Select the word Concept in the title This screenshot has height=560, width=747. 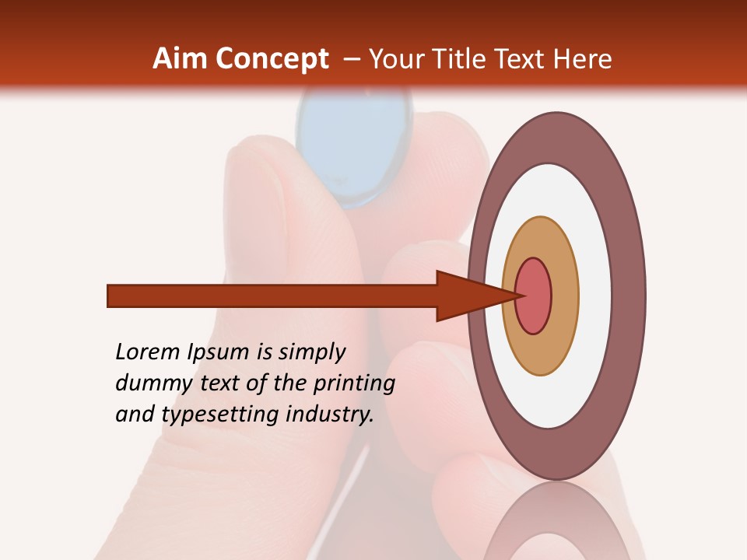coord(272,60)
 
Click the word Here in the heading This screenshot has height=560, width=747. coord(583,59)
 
